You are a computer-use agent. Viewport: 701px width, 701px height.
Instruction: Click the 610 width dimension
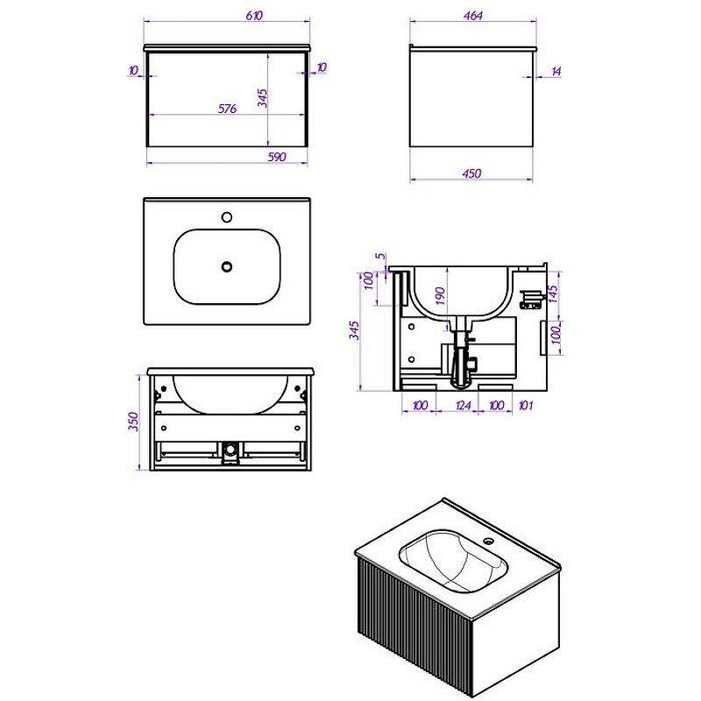(x=254, y=15)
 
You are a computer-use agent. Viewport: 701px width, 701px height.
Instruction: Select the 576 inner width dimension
(x=227, y=109)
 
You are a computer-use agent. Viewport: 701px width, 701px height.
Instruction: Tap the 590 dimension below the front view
(x=277, y=157)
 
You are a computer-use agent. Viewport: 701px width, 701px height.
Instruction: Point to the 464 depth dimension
(x=473, y=16)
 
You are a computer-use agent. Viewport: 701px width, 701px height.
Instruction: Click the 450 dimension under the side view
(x=472, y=173)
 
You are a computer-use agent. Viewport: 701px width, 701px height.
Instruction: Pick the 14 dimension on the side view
(x=556, y=71)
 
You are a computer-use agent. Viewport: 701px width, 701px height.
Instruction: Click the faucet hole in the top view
(x=227, y=217)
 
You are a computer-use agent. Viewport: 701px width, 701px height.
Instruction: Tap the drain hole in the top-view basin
(x=227, y=267)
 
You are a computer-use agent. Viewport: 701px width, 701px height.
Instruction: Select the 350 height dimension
(x=134, y=421)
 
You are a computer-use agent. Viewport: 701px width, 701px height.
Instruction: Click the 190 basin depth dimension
(x=440, y=296)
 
